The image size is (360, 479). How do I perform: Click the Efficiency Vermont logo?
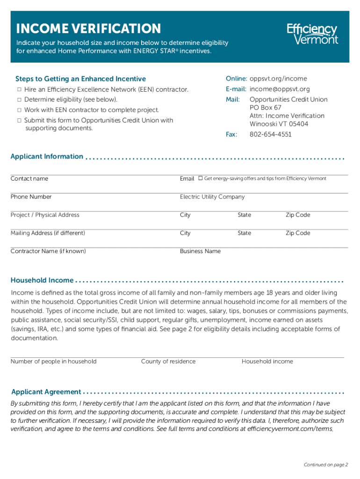tap(312, 34)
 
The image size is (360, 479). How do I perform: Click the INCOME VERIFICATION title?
tap(88, 29)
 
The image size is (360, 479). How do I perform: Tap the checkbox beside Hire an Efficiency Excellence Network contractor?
tap(19, 89)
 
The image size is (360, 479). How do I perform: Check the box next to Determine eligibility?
tap(19, 100)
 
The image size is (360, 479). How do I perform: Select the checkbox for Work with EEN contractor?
tap(19, 110)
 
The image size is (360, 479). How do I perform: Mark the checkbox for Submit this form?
tap(19, 120)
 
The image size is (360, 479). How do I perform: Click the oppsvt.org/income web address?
tap(278, 79)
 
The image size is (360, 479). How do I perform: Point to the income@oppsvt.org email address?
tap(280, 89)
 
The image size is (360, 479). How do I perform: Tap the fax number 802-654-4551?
tap(270, 134)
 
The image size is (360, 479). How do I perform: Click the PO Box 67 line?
tap(266, 108)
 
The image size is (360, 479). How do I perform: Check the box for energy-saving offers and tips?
tap(200, 178)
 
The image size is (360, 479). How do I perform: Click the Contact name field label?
tap(29, 179)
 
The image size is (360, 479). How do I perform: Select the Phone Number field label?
tap(31, 197)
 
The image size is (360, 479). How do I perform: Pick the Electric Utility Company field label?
tap(212, 197)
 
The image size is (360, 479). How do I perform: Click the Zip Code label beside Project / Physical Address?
tap(298, 215)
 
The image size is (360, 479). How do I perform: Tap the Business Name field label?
tap(200, 251)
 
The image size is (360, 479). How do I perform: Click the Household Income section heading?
tap(42, 280)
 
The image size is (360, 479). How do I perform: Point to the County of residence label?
tap(168, 362)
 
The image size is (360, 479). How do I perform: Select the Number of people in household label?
tap(54, 362)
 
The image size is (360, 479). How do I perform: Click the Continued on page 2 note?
tap(326, 465)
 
